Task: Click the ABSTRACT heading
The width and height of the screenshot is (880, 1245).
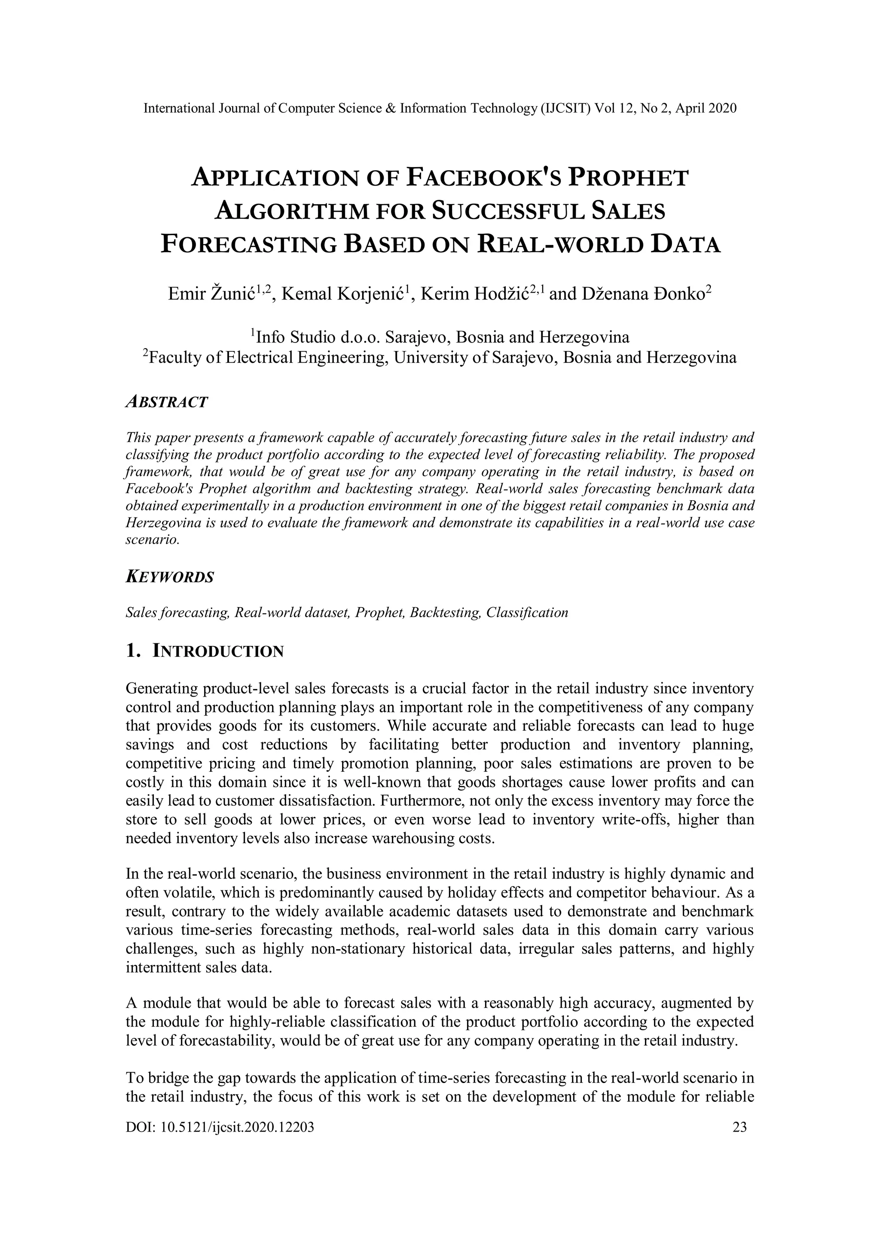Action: point(166,402)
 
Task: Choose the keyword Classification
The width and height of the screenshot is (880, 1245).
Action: point(527,613)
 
